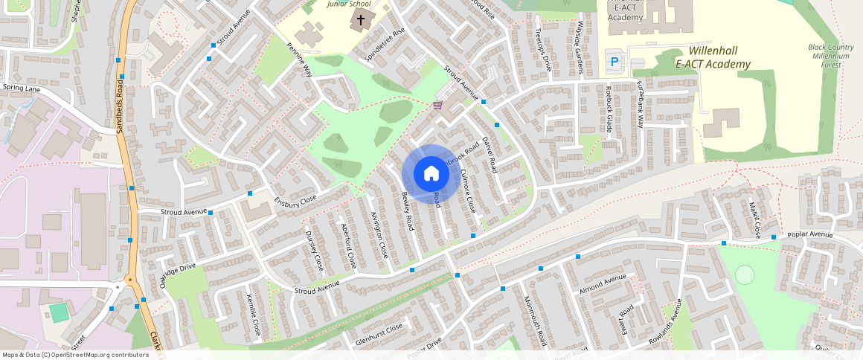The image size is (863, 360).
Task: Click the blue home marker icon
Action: [x=430, y=174]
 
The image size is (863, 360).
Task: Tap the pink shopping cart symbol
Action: [x=437, y=105]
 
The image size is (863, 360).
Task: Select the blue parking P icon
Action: [x=614, y=62]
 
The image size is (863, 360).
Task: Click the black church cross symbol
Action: [x=362, y=19]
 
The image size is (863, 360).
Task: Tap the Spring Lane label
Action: [x=22, y=88]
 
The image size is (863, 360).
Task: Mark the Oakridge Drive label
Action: [x=177, y=275]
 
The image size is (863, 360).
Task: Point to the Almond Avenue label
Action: [x=603, y=283]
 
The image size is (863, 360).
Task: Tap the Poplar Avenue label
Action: [x=810, y=234]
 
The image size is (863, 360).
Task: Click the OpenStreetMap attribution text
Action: [x=76, y=355]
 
